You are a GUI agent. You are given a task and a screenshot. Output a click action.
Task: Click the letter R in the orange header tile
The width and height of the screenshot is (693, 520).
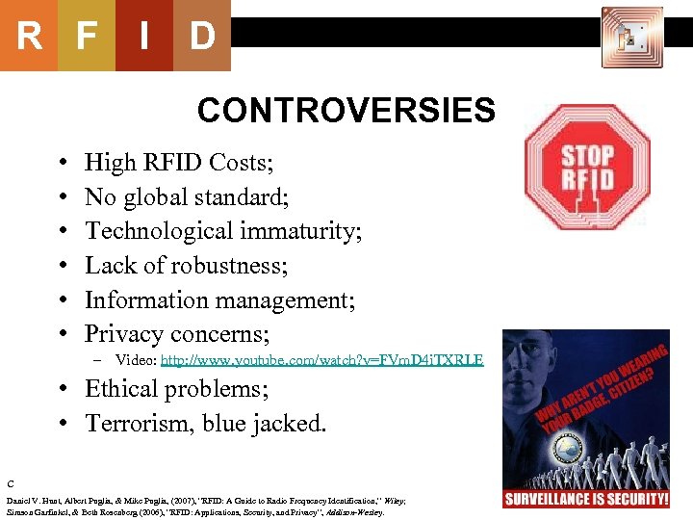click(x=29, y=36)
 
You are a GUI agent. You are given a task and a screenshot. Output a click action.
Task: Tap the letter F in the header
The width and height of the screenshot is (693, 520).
click(x=87, y=36)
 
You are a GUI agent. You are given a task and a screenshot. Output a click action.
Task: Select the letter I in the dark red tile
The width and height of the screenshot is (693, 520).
click(x=143, y=36)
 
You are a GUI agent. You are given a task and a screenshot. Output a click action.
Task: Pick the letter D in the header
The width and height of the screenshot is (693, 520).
click(x=202, y=36)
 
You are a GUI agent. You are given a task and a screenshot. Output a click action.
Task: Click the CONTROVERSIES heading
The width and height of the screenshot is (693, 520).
click(x=346, y=111)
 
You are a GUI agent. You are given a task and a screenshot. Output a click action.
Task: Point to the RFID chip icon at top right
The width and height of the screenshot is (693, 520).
click(x=631, y=38)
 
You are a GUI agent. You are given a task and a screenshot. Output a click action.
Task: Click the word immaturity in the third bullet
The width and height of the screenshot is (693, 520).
click(x=312, y=231)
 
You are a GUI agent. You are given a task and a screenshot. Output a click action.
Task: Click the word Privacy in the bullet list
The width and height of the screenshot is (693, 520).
click(x=123, y=334)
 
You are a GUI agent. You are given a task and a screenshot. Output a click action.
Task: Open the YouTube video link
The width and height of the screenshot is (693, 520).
click(x=321, y=361)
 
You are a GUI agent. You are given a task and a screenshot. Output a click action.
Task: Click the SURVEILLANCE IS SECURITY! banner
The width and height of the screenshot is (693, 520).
click(x=586, y=499)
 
